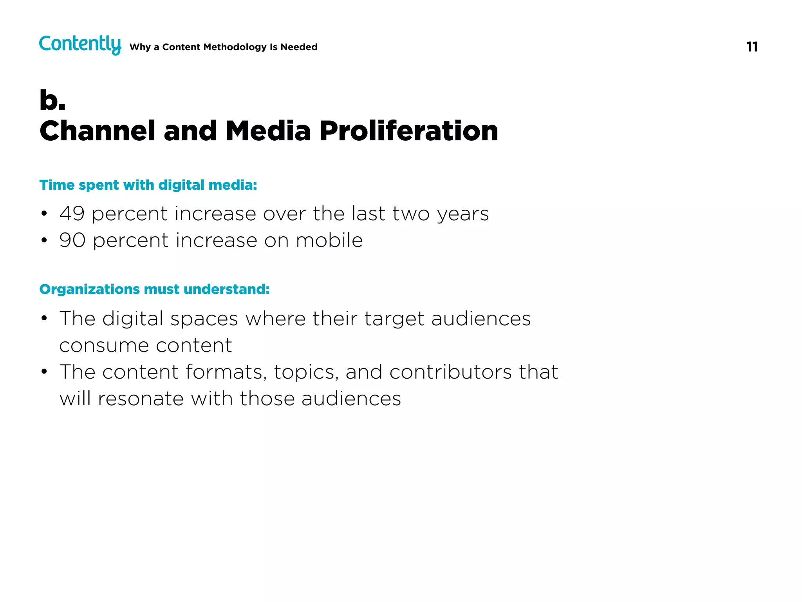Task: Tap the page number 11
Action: (x=752, y=47)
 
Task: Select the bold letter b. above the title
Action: (x=52, y=100)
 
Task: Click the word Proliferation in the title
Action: (x=408, y=131)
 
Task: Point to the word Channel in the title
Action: (x=98, y=131)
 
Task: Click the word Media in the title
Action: (x=268, y=131)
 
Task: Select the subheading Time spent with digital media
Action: (x=148, y=185)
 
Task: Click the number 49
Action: (x=72, y=214)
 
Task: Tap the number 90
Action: (x=72, y=240)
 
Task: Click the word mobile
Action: (x=329, y=240)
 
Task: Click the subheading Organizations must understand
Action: (x=154, y=289)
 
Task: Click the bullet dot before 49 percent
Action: (x=44, y=214)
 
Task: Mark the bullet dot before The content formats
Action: (x=44, y=372)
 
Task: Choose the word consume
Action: (x=104, y=346)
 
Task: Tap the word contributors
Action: (x=450, y=372)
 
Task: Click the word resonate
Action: (x=141, y=399)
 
